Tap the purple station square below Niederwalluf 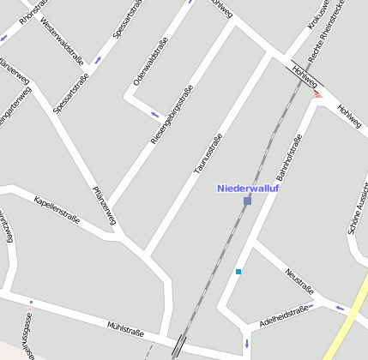point(247,201)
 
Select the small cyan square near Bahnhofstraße point(238,272)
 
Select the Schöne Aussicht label point(356,211)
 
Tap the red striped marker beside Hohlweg point(319,95)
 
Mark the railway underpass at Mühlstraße point(178,344)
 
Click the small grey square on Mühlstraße point(31,303)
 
